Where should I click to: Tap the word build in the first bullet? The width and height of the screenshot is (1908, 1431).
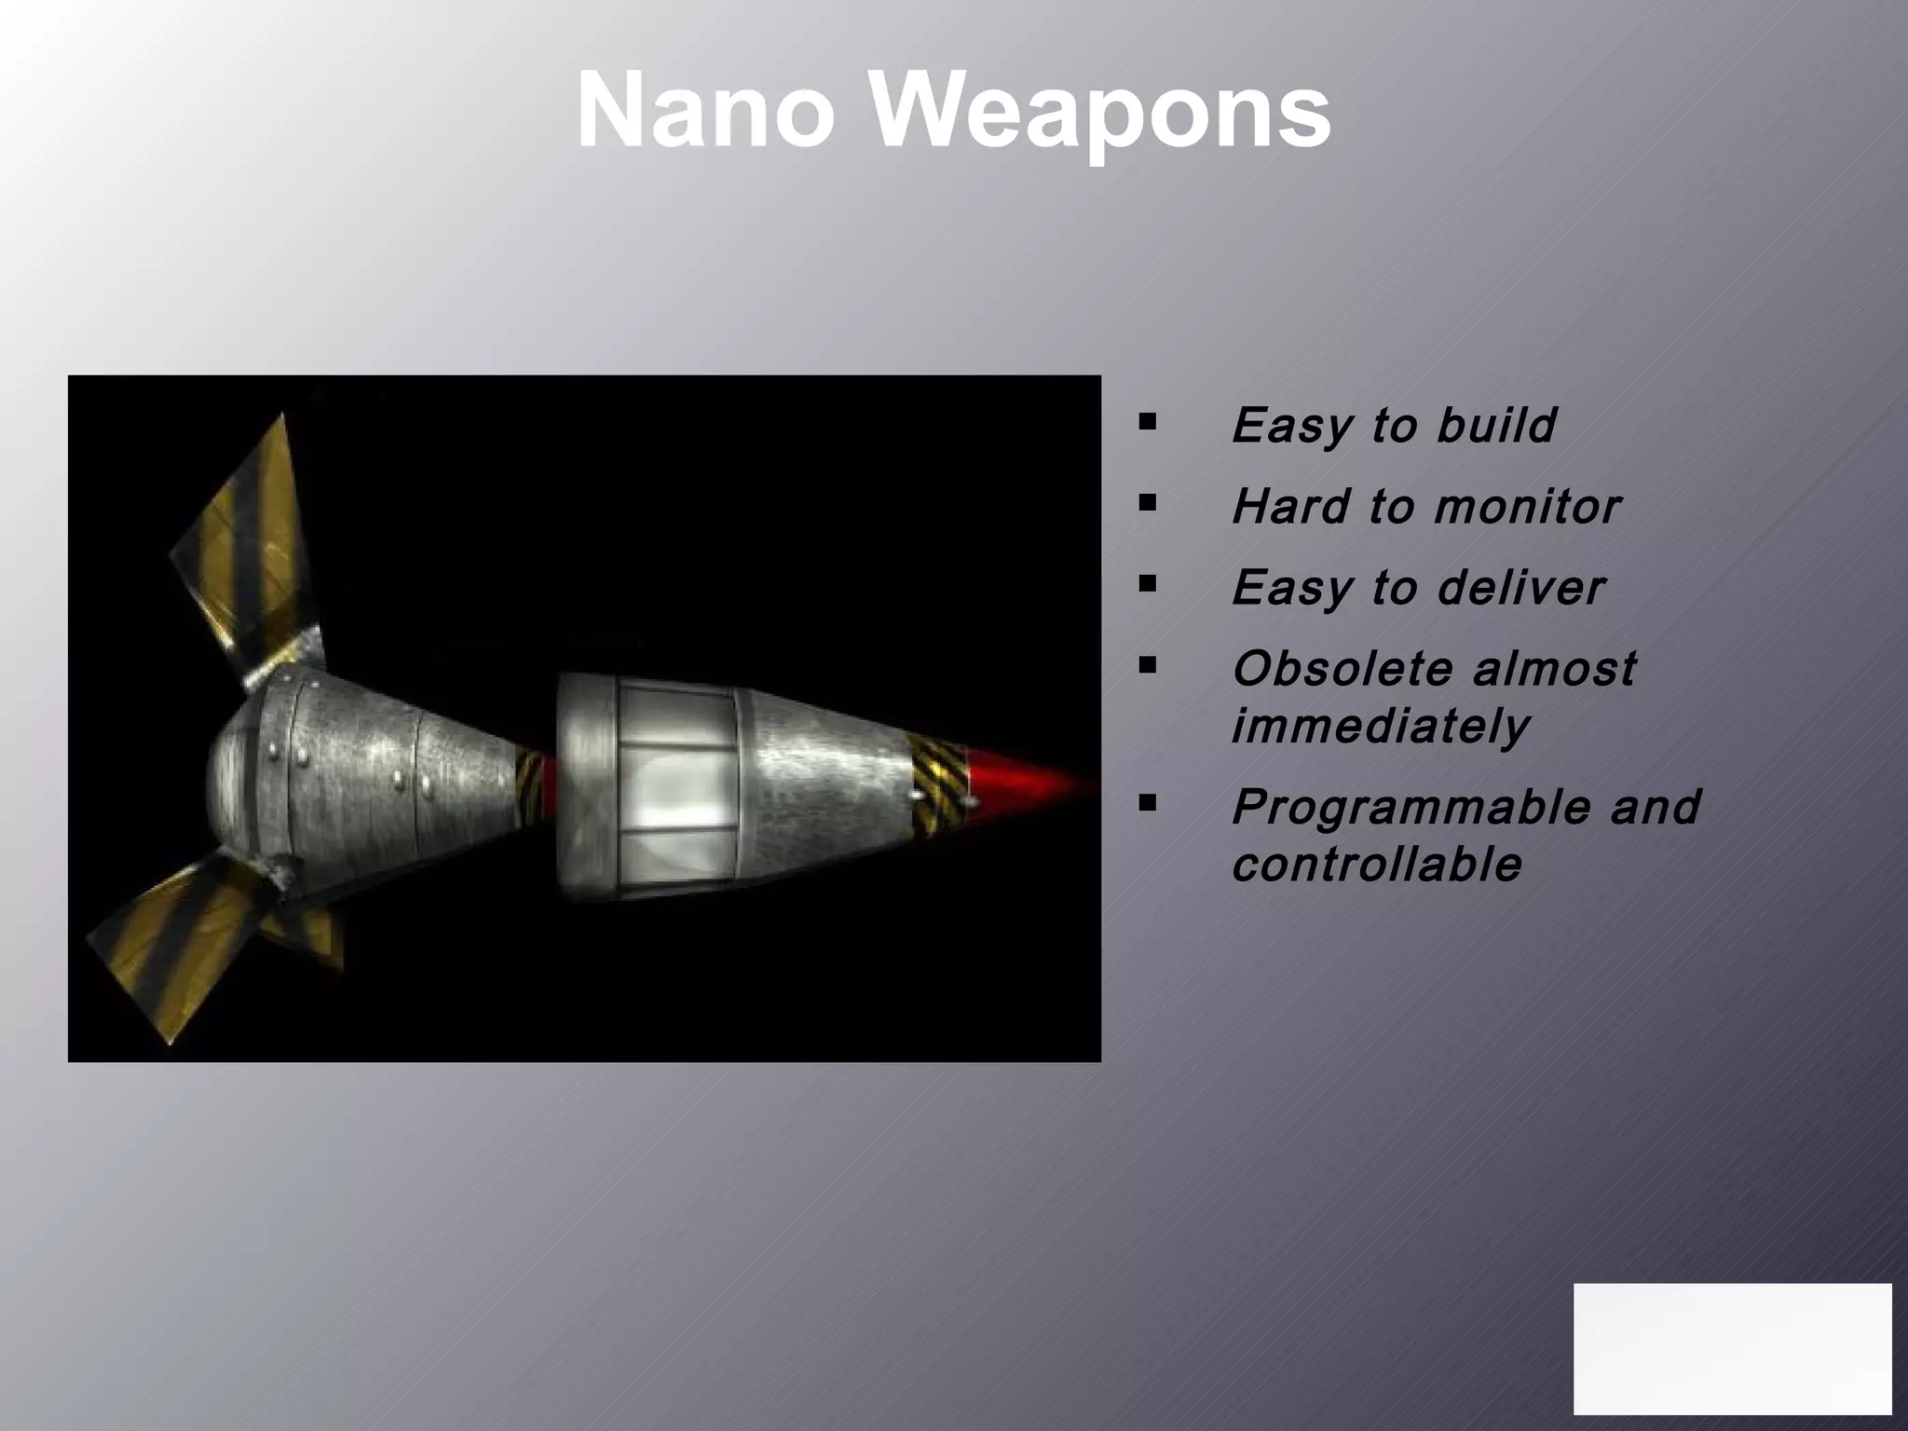click(1495, 425)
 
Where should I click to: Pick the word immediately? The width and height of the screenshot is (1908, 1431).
click(1380, 726)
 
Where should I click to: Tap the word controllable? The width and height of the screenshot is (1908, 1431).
click(1376, 865)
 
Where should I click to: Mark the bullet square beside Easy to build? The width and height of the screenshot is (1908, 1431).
click(1147, 422)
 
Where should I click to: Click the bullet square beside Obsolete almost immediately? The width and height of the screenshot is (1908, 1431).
click(1147, 665)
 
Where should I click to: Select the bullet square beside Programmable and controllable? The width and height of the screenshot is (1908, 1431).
click(1147, 802)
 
